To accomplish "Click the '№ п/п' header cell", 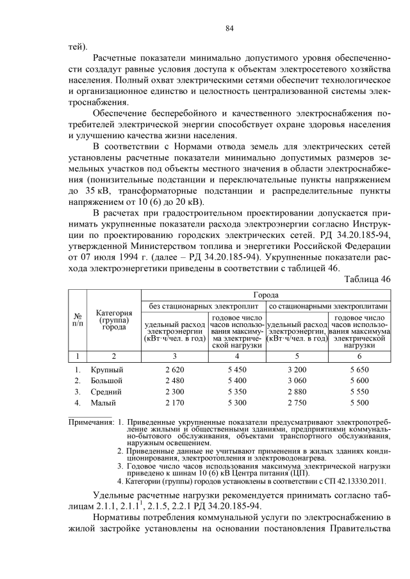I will pyautogui.click(x=78, y=321).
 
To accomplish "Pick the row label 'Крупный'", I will pyautogui.click(x=106, y=370).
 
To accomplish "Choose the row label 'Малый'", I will pyautogui.click(x=102, y=402).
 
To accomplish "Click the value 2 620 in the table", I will pyautogui.click(x=174, y=370).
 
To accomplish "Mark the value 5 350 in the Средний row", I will pyautogui.click(x=236, y=392).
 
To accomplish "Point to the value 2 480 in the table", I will pyautogui.click(x=174, y=381).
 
